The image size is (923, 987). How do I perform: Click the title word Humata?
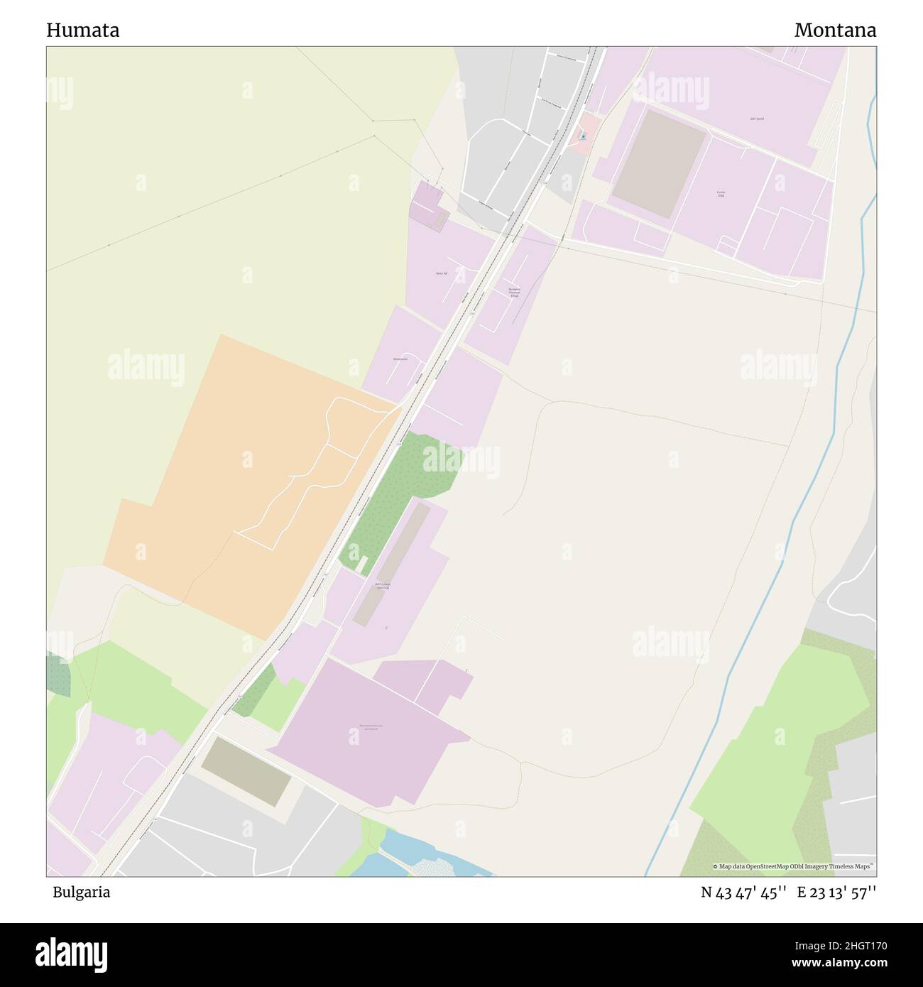click(x=82, y=31)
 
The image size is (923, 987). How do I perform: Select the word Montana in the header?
click(x=835, y=31)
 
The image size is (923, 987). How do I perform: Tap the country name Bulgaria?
click(x=81, y=893)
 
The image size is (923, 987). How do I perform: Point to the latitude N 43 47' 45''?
click(x=743, y=893)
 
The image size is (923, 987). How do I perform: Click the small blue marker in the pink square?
click(x=583, y=136)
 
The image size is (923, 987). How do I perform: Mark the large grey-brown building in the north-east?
click(x=659, y=164)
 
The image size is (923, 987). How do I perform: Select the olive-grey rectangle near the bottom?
click(x=246, y=771)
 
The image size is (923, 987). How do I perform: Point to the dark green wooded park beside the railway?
click(x=398, y=497)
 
